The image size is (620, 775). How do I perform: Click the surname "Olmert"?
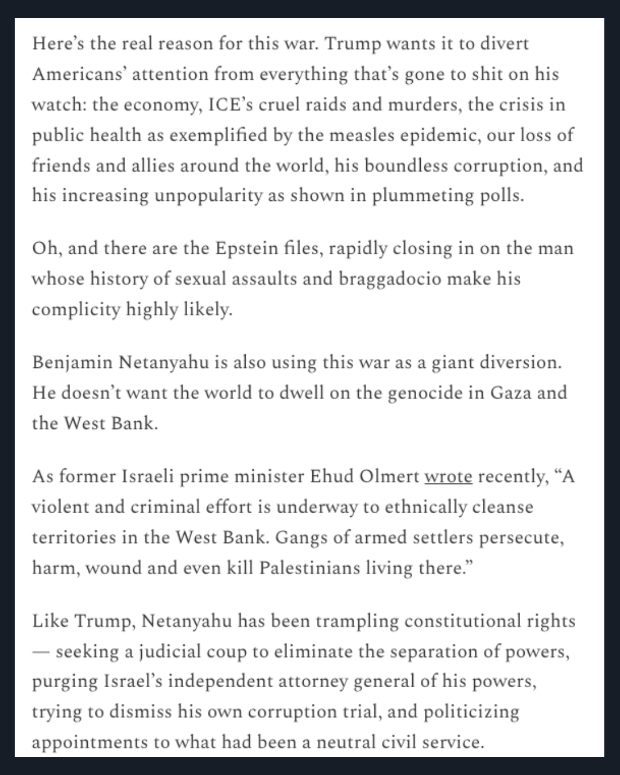392,477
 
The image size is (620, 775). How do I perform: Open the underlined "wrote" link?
448,477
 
